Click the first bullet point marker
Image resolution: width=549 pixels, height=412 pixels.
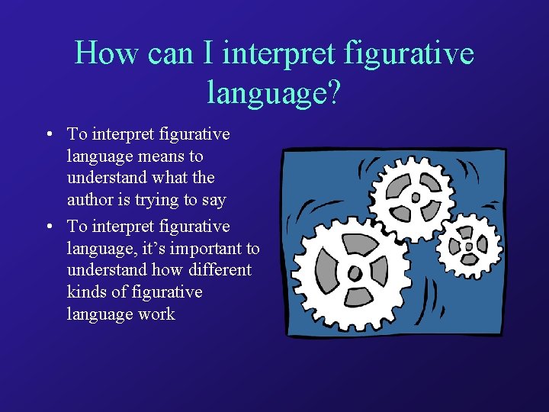click(48, 135)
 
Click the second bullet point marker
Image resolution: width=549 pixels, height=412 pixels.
click(48, 227)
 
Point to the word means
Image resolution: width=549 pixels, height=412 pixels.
click(160, 156)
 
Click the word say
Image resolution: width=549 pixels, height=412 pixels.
click(213, 200)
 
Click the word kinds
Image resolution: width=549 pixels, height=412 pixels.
click(86, 292)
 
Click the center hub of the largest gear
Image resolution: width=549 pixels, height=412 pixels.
click(353, 272)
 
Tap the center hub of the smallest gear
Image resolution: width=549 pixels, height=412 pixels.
click(467, 246)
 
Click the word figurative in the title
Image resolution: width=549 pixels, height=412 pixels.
click(409, 54)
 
